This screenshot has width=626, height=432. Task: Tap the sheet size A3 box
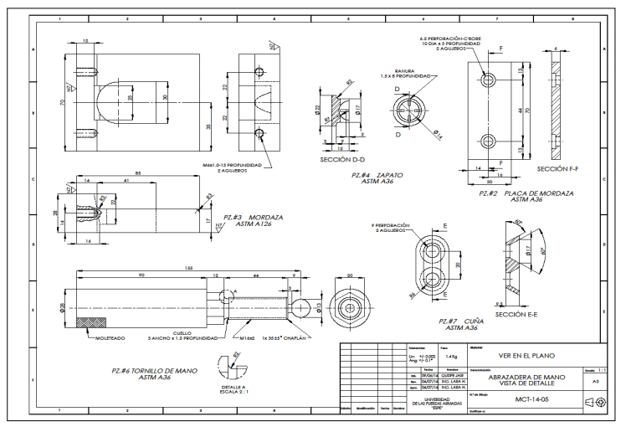[x=595, y=380]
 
